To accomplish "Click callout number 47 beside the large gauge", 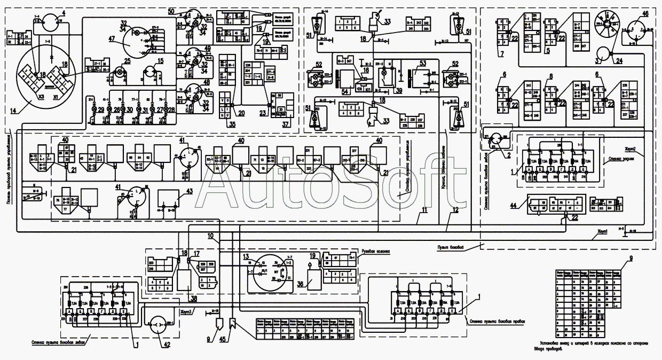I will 112,39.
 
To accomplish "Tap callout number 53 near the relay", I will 423,64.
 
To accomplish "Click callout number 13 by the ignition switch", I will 247,257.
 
